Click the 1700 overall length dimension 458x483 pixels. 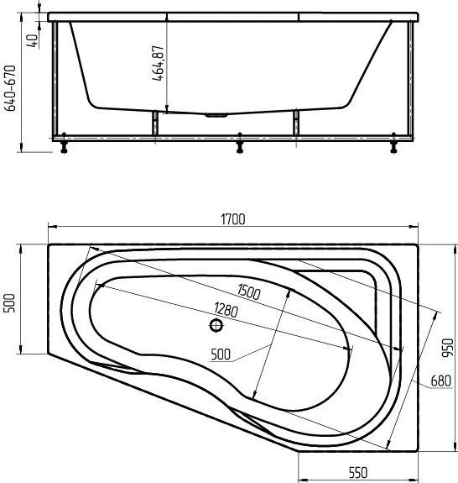[233, 219]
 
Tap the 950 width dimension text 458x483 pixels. [448, 348]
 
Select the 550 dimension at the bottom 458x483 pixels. [358, 472]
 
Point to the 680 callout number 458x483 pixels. [440, 381]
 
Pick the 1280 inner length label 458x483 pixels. [226, 310]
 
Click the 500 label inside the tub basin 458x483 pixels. [221, 354]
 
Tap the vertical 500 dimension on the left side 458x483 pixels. [9, 303]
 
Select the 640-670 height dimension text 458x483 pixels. [9, 88]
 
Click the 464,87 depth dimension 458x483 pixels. [158, 63]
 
